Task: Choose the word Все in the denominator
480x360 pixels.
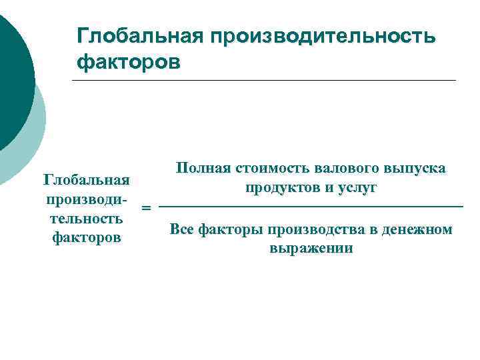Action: (x=182, y=229)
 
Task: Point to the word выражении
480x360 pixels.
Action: (x=311, y=249)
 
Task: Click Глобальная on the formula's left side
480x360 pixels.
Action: (x=85, y=180)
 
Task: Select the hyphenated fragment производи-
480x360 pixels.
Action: (x=86, y=199)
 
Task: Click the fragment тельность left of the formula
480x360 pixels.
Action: (x=86, y=218)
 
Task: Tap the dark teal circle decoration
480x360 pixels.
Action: (x=12, y=73)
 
